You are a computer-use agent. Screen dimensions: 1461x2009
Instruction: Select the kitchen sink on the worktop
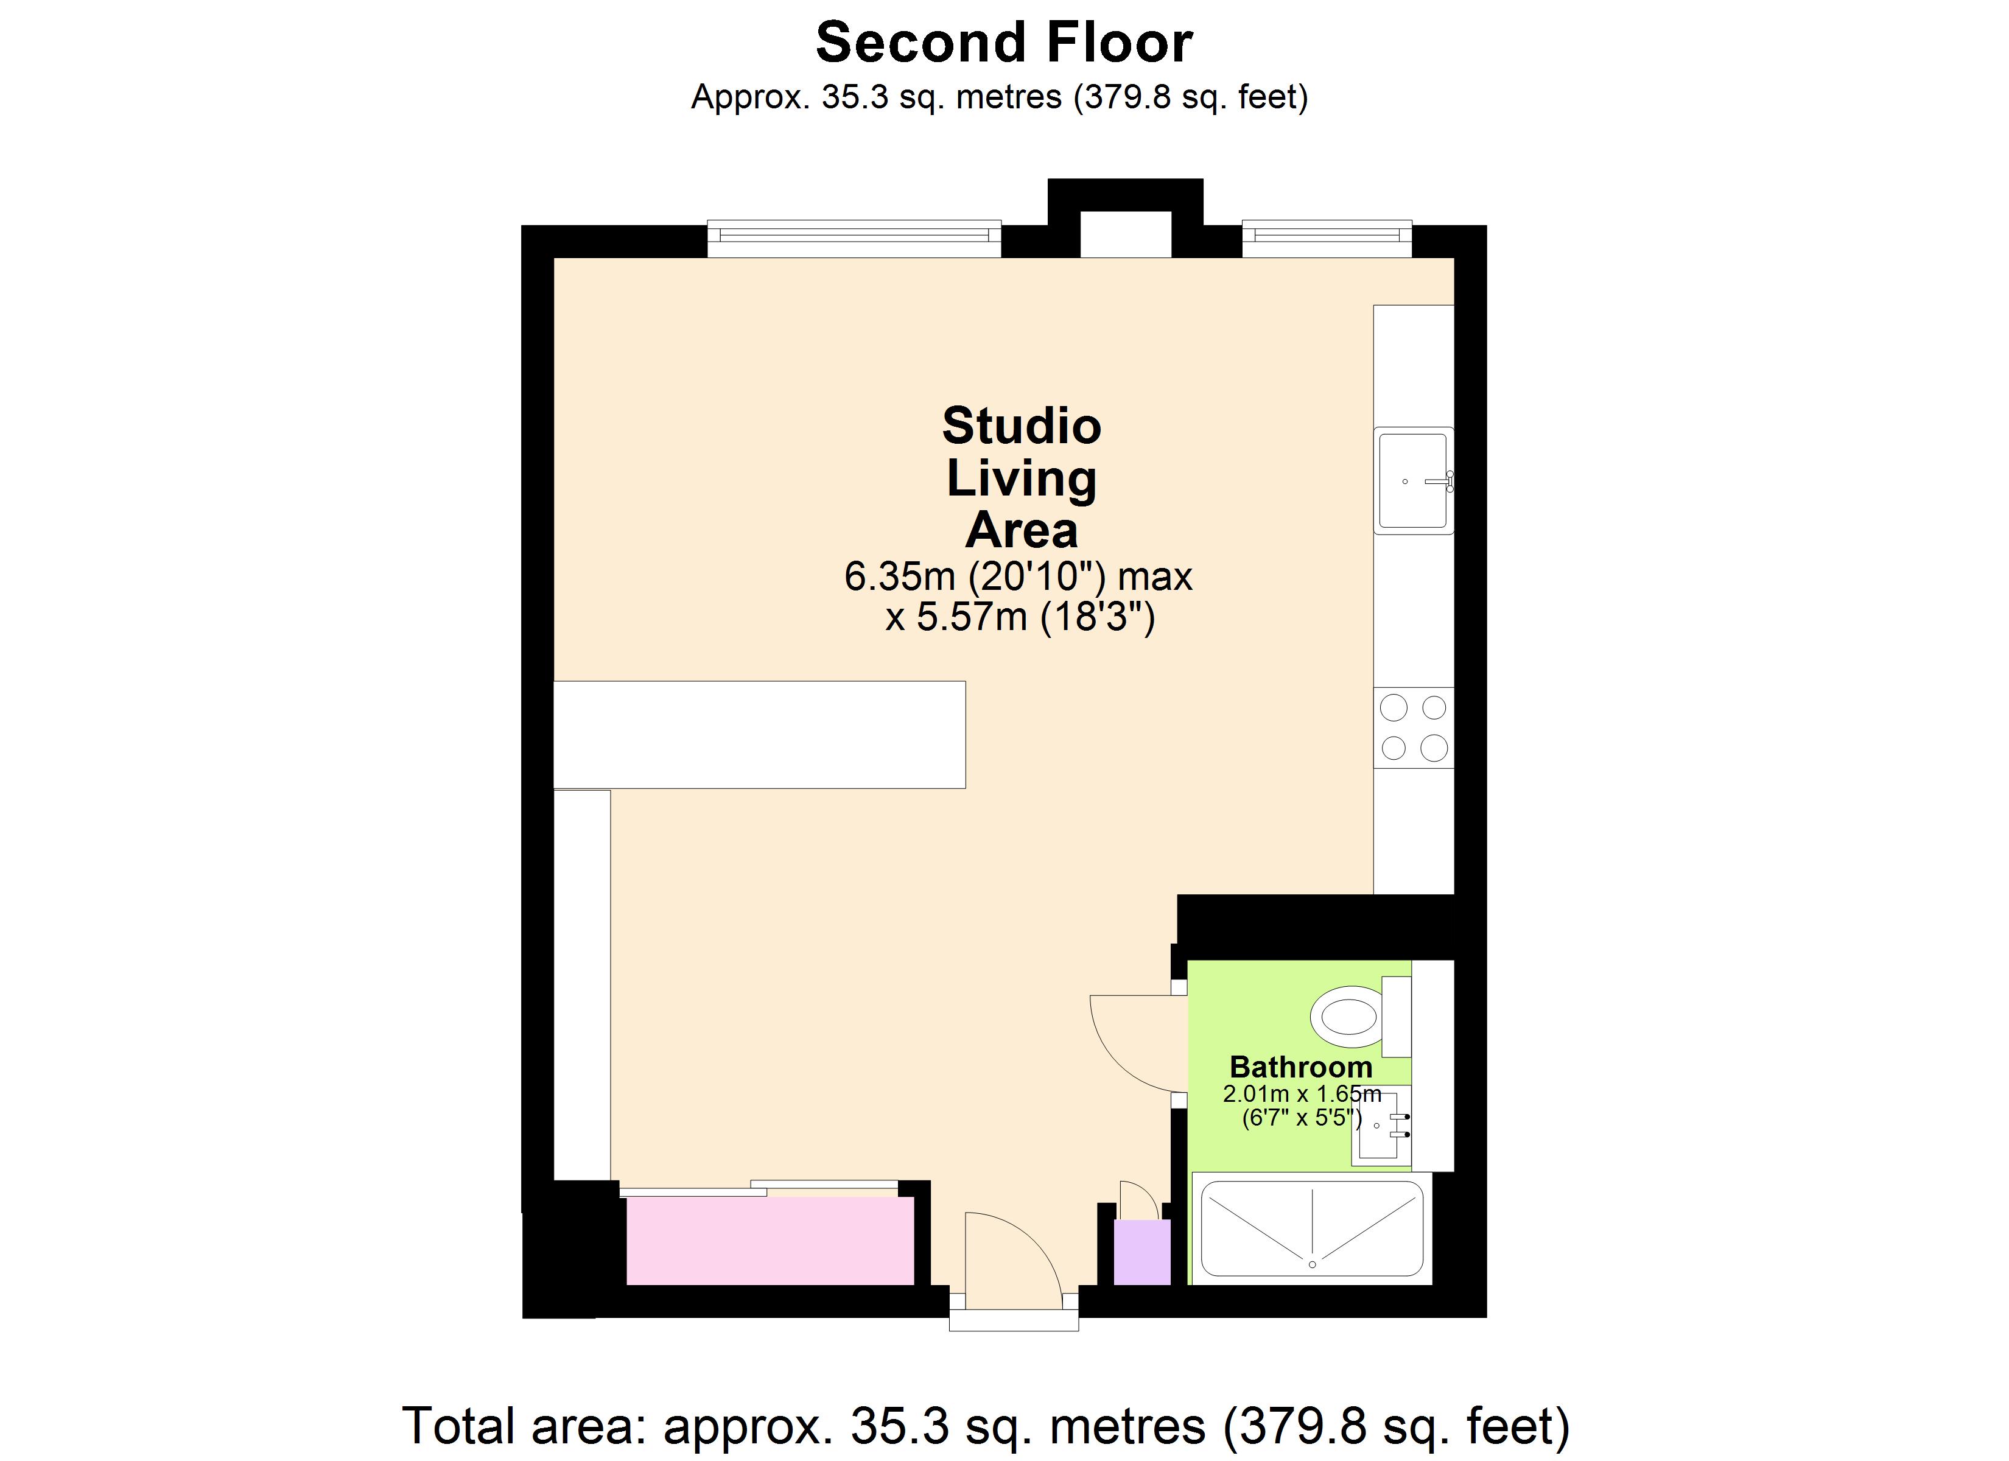pos(1413,480)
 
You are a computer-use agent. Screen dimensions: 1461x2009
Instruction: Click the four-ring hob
pos(1413,727)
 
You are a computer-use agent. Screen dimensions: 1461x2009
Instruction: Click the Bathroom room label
pos(1300,1067)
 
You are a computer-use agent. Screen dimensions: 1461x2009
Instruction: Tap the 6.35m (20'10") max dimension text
pos(1018,576)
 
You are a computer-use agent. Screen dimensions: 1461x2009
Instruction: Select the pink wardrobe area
pos(769,1241)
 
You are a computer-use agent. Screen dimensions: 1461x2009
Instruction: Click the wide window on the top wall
pos(854,237)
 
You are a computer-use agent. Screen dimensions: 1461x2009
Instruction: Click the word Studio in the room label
pos(1022,426)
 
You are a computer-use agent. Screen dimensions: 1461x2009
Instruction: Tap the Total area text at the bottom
pos(986,1426)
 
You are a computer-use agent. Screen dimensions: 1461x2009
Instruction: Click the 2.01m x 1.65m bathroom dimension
pos(1301,1094)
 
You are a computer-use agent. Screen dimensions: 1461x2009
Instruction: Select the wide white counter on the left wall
pos(759,735)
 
